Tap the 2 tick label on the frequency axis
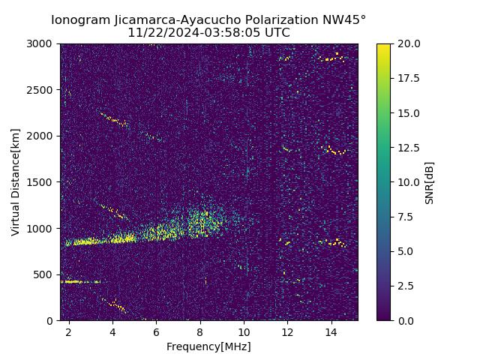click(69, 331)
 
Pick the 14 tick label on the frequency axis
click(331, 331)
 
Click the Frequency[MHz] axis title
click(208, 346)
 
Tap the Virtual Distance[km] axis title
click(16, 182)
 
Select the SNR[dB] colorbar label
click(430, 182)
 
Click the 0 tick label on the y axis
click(52, 321)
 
